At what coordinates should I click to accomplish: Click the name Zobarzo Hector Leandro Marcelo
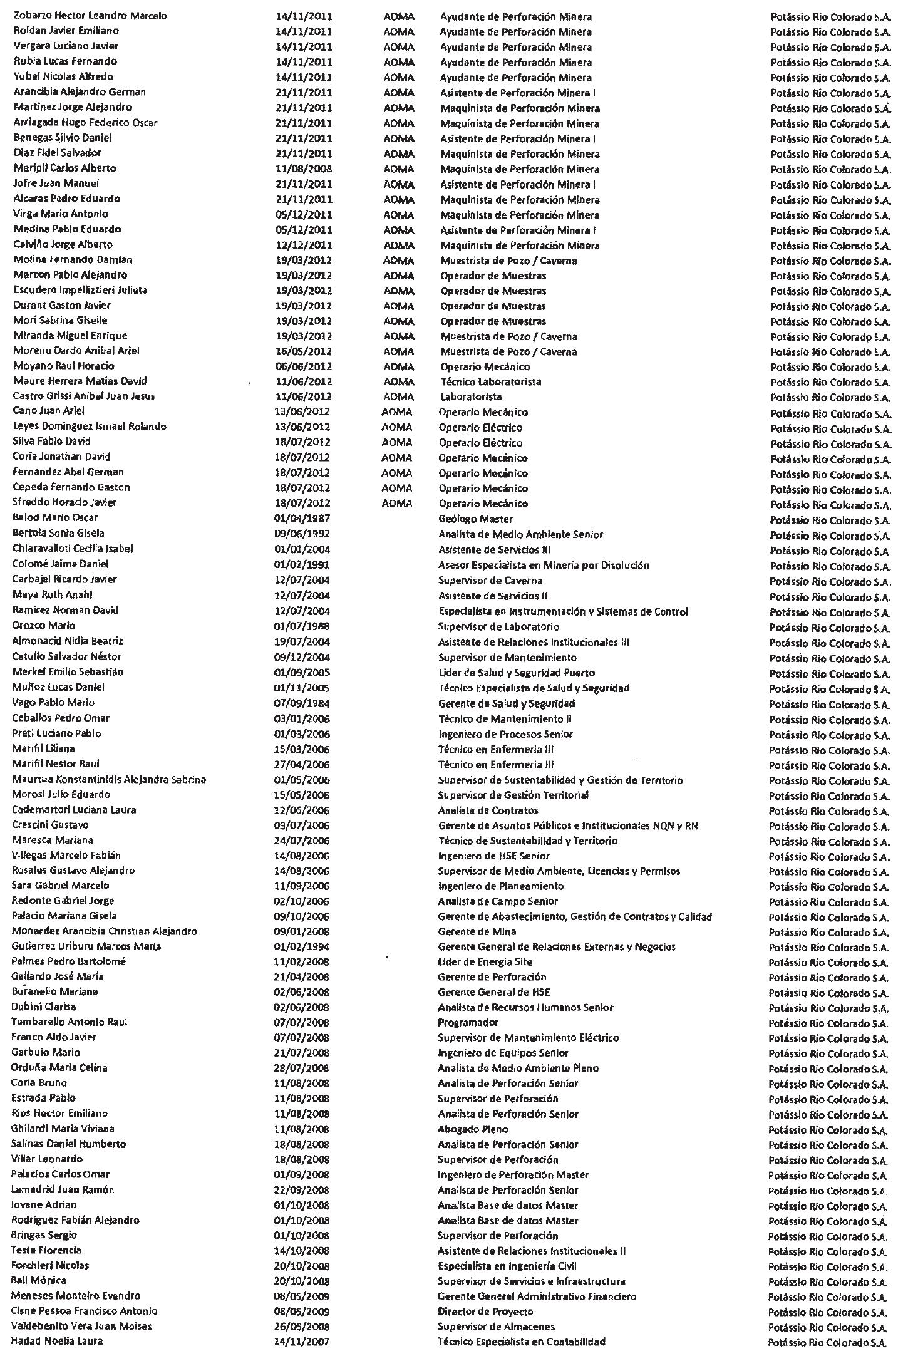[90, 16]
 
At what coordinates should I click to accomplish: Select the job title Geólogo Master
[475, 519]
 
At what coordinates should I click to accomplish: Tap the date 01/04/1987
[302, 519]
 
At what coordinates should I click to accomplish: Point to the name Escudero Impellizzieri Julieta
[80, 290]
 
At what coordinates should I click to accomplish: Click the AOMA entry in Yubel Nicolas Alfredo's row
[398, 78]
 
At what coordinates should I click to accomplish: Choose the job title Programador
[468, 1022]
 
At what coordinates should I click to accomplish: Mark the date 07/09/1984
[302, 703]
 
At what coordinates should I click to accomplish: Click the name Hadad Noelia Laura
[58, 1341]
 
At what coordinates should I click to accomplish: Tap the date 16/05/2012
[303, 351]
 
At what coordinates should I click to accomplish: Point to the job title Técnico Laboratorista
[491, 381]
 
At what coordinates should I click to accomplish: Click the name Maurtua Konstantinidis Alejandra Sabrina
[109, 779]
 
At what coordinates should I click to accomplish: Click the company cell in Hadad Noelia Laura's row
[827, 1342]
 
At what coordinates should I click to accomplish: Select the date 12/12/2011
[304, 245]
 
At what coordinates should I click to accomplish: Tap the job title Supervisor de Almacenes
[496, 1326]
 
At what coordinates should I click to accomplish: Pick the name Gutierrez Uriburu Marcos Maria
[86, 946]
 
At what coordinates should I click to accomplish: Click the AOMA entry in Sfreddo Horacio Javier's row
[396, 504]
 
